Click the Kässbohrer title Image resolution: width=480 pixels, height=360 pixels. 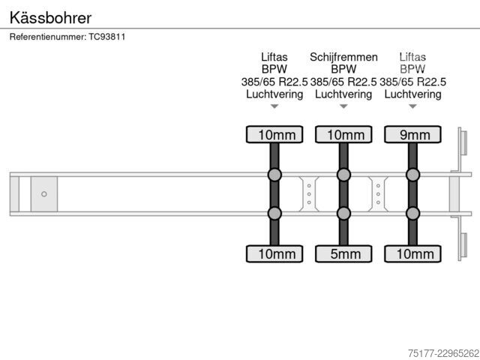tap(50, 18)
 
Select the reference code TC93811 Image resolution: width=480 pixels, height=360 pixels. tap(106, 37)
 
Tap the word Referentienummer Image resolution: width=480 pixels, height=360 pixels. tap(48, 37)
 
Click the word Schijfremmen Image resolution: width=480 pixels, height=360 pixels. tap(343, 57)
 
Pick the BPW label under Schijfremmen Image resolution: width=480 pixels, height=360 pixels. tap(343, 69)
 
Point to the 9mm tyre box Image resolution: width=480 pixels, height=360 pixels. tap(412, 135)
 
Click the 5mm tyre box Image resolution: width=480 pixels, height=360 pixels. tap(343, 253)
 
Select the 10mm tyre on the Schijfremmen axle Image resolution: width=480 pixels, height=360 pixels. tap(343, 135)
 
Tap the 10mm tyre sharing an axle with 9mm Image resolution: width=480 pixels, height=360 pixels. tap(412, 253)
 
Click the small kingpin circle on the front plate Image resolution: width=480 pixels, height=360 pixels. tap(44, 194)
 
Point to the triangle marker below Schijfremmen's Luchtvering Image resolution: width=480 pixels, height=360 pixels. tap(343, 106)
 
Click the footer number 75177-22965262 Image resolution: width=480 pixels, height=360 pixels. tap(443, 353)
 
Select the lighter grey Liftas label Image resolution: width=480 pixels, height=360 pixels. tap(412, 57)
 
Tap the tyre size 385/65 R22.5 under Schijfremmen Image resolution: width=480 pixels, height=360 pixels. tap(343, 82)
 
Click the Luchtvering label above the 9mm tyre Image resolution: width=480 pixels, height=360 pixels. tap(412, 94)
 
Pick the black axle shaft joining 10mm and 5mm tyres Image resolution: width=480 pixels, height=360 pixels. tap(343, 194)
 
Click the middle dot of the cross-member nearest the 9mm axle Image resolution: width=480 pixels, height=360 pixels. tap(378, 194)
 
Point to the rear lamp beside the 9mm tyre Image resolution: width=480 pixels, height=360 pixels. tap(463, 143)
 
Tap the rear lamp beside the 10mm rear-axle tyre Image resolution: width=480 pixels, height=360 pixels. tap(463, 245)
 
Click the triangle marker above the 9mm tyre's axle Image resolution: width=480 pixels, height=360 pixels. tap(412, 106)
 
